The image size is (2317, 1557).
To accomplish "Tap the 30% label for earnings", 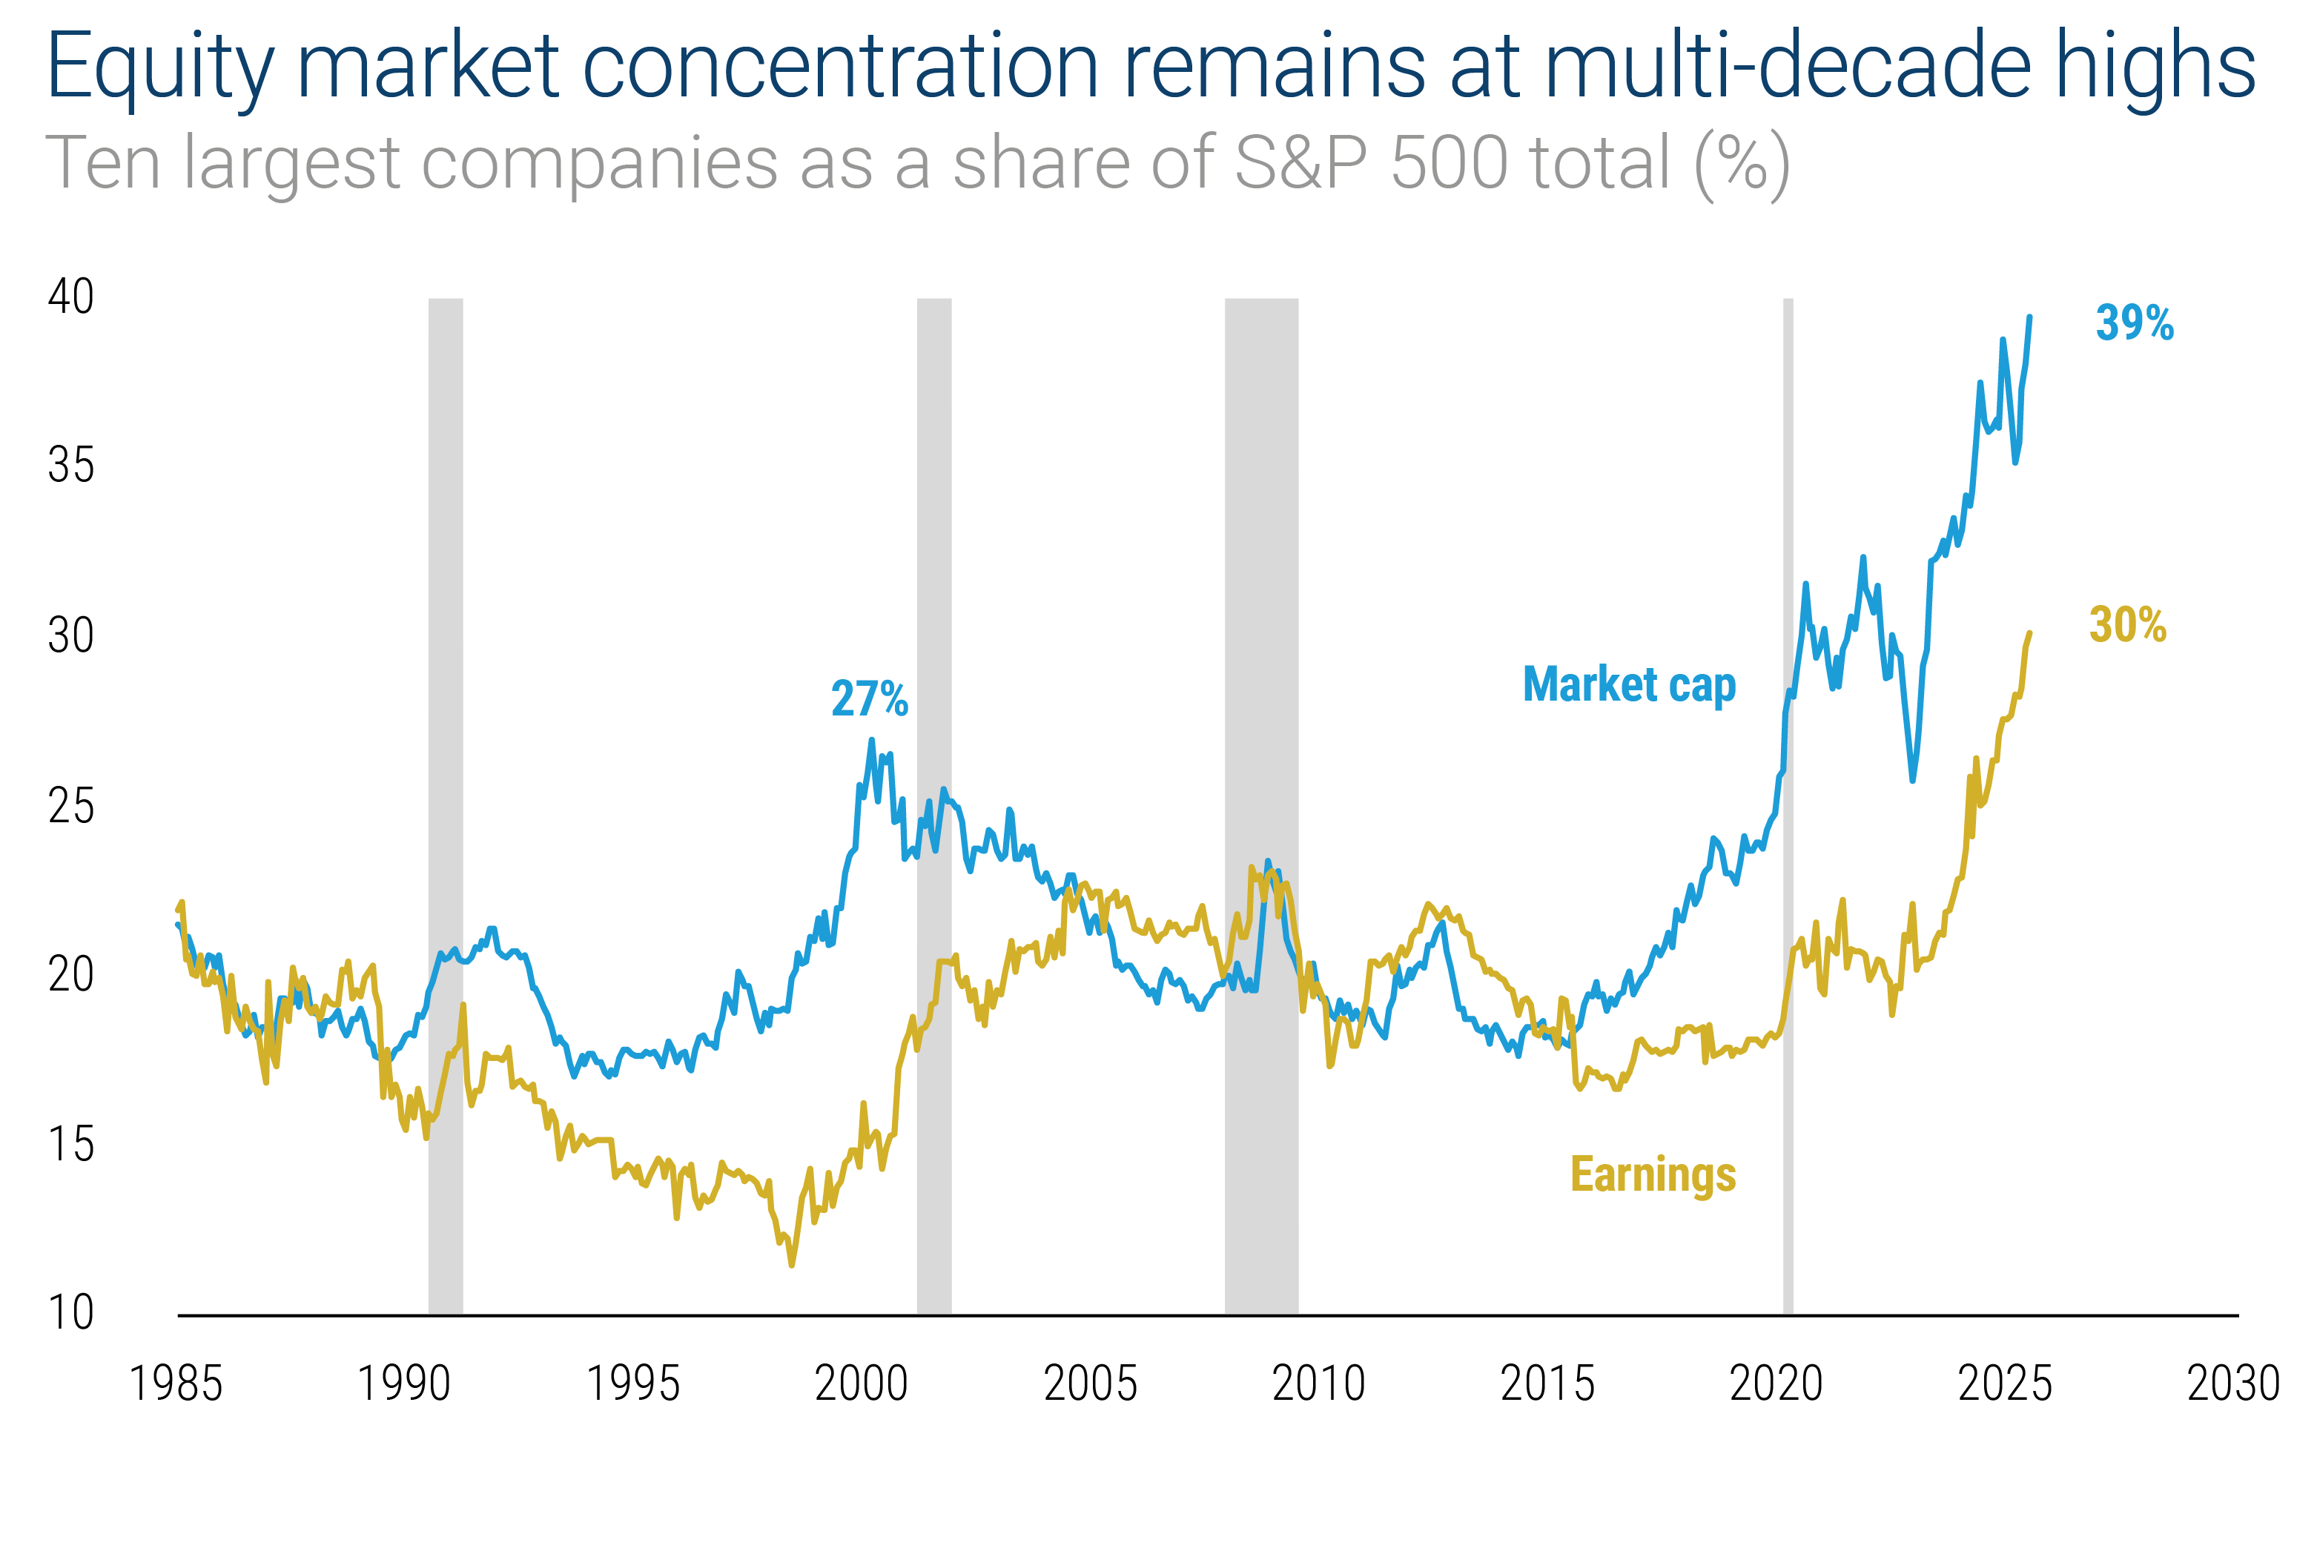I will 2127,626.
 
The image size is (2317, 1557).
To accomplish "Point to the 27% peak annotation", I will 869,699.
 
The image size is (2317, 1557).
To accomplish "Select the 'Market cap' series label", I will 1628,685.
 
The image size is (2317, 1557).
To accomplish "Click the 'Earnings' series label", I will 1652,1174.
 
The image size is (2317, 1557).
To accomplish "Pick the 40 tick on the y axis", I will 70,296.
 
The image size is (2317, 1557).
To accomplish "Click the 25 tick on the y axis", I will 70,805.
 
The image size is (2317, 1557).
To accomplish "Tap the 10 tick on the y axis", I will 70,1313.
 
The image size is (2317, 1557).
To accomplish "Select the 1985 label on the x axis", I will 176,1384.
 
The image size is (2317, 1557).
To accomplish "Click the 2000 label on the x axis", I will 861,1384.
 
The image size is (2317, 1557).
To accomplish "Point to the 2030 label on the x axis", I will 2232,1384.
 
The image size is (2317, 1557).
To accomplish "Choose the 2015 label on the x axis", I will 1547,1384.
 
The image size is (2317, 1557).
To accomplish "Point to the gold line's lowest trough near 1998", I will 791,1264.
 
